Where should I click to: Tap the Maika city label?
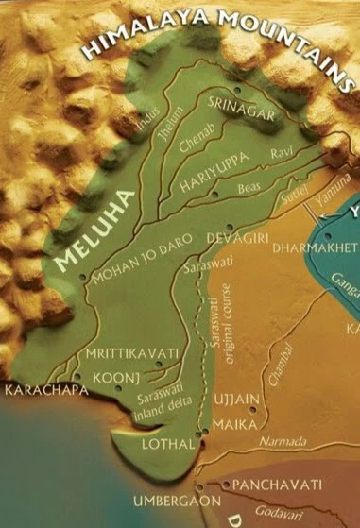236,425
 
